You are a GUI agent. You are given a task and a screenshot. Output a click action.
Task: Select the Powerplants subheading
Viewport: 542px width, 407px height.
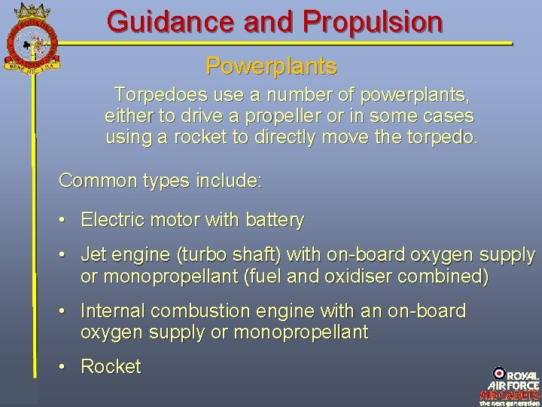point(271,66)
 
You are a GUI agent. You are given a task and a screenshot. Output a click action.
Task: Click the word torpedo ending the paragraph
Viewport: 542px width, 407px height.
point(441,138)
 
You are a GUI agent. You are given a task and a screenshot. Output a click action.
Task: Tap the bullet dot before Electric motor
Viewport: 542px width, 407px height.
point(65,221)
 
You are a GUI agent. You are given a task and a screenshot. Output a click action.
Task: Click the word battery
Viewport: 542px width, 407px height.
point(274,221)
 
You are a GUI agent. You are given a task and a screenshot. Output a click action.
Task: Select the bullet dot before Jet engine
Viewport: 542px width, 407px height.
point(65,256)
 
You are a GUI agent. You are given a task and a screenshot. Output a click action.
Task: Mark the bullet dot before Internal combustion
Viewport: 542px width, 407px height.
point(65,311)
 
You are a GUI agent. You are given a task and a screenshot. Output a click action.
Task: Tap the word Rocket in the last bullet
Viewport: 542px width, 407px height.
point(111,367)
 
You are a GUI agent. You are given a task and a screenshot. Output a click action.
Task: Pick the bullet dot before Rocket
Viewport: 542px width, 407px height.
point(65,367)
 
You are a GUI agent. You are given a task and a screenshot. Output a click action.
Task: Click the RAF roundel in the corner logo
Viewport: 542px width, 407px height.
point(499,373)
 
